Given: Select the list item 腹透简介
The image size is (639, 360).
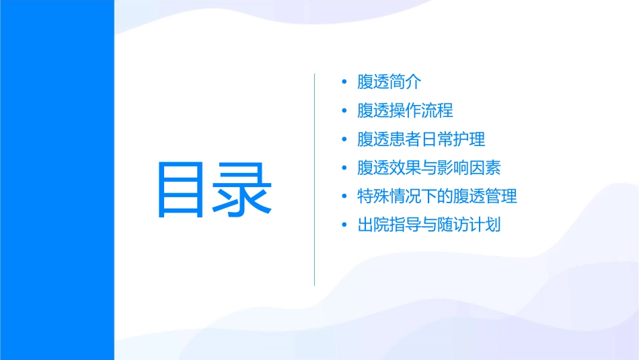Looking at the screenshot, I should (x=389, y=83).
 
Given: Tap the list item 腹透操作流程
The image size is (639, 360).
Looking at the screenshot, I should (x=405, y=111).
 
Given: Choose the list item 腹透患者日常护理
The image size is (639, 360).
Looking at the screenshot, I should (x=421, y=139).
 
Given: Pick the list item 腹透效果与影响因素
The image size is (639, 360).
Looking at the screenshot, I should (x=428, y=168).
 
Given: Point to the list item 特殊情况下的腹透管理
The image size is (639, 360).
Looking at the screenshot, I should (x=437, y=196).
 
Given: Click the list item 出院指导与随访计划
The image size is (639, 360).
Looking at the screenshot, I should (x=428, y=225).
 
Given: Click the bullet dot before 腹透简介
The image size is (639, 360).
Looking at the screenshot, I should (x=344, y=83).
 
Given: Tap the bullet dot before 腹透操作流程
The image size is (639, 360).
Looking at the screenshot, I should (x=344, y=111).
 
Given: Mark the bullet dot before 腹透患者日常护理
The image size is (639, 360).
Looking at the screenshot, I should (x=344, y=139).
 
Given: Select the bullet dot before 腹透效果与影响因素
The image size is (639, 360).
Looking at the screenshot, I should (x=344, y=168).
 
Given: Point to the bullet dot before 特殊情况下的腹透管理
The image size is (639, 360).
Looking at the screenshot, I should (x=344, y=196).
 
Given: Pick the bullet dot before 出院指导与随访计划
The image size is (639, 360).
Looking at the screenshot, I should (x=344, y=225).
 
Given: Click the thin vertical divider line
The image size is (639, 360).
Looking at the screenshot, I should (x=315, y=179).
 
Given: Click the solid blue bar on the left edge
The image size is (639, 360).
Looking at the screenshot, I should (x=57, y=180).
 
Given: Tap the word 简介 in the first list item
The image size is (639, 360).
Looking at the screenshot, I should (x=406, y=83).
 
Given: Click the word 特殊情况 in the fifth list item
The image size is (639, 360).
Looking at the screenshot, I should (x=389, y=196).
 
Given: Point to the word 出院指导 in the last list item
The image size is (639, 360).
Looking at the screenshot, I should (x=389, y=225).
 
